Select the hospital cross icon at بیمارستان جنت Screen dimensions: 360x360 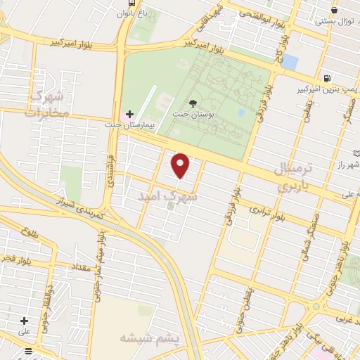(129, 114)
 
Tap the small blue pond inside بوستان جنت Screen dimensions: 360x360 (241, 112)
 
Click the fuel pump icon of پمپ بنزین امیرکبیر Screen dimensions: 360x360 (326, 77)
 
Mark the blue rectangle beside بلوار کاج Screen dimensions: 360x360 (290, 62)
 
